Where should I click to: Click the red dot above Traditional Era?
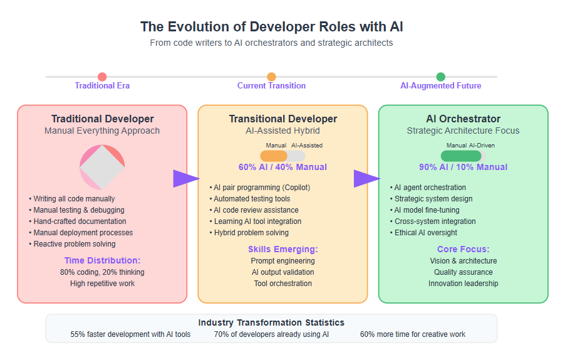pyautogui.click(x=102, y=77)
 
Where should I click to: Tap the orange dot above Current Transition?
pyautogui.click(x=271, y=77)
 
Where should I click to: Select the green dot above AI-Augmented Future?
pyautogui.click(x=441, y=77)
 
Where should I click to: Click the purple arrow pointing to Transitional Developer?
pyautogui.click(x=186, y=178)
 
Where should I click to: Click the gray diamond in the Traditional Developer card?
pyautogui.click(x=102, y=167)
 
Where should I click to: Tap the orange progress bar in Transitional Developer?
pyautogui.click(x=274, y=156)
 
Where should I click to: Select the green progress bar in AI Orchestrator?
pyautogui.click(x=461, y=156)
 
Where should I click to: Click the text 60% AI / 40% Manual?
pyautogui.click(x=283, y=167)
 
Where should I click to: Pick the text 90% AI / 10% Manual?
pyautogui.click(x=464, y=167)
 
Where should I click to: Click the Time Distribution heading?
pyautogui.click(x=102, y=260)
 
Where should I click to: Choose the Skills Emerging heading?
pyautogui.click(x=283, y=250)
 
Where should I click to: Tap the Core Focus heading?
pyautogui.click(x=464, y=250)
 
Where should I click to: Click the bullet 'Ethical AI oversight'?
pyautogui.click(x=423, y=233)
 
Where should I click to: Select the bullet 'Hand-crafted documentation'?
pyautogui.click(x=78, y=221)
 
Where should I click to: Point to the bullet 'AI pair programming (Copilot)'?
pyautogui.click(x=260, y=188)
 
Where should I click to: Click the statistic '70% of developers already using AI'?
pyautogui.click(x=271, y=334)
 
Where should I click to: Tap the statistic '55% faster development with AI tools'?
pyautogui.click(x=130, y=334)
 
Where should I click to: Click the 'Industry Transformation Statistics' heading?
pyautogui.click(x=271, y=322)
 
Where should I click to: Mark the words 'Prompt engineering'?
pyautogui.click(x=283, y=261)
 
